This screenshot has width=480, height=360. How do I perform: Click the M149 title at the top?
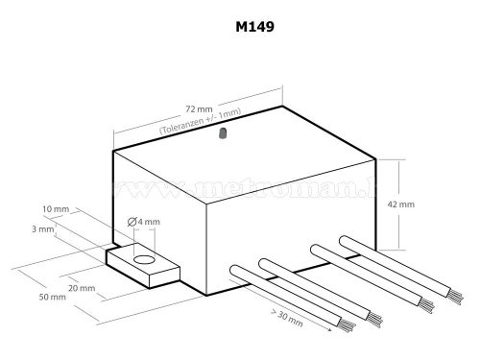247,26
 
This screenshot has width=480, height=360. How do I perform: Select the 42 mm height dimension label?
426,204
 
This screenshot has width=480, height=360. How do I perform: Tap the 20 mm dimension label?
83,288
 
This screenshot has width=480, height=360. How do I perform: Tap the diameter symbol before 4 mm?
133,224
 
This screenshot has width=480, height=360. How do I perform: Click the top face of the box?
240,154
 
